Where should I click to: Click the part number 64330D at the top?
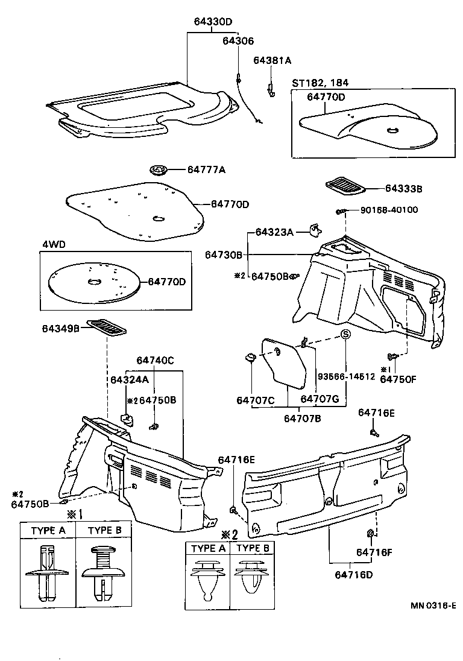(213, 22)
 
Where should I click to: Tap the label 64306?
(238, 41)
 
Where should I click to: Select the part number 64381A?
(272, 60)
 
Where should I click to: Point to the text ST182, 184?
(320, 83)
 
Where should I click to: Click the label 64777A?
(206, 171)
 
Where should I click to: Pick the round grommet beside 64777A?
(159, 170)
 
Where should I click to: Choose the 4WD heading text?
(54, 245)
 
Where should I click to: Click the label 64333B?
(403, 188)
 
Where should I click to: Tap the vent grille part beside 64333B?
(345, 185)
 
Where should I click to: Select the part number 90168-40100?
(389, 210)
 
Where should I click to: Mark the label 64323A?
(274, 232)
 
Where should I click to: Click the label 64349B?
(61, 329)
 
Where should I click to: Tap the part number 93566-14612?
(346, 376)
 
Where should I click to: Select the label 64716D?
(354, 574)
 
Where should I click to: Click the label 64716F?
(375, 552)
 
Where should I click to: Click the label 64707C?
(256, 399)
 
